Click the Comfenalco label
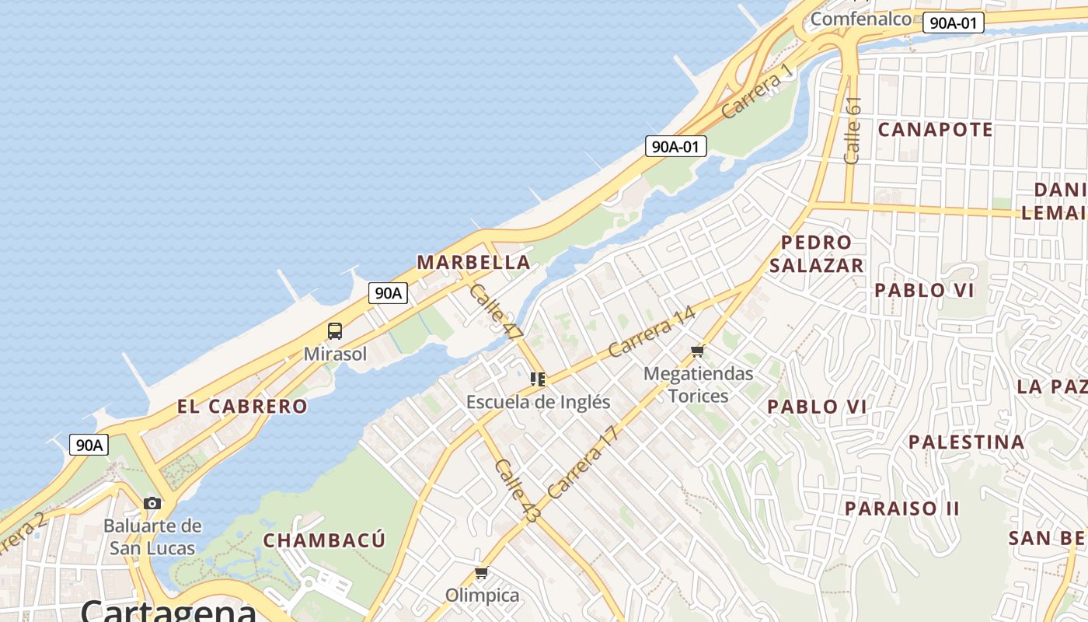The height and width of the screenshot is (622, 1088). [860, 19]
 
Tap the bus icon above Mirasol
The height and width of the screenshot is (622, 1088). [335, 331]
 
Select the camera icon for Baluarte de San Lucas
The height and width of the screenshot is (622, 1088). [152, 503]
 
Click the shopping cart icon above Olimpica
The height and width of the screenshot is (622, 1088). [482, 574]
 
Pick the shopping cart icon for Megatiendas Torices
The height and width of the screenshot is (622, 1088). [698, 351]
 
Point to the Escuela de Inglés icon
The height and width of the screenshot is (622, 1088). [538, 379]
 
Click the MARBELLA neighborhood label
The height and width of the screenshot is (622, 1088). [474, 262]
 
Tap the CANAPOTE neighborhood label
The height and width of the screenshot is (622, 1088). [936, 129]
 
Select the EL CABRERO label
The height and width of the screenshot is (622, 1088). [242, 406]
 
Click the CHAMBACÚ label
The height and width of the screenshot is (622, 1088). [324, 540]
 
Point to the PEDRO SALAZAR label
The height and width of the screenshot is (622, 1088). [816, 253]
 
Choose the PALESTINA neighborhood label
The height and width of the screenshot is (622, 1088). [967, 442]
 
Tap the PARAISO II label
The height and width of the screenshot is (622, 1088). [902, 508]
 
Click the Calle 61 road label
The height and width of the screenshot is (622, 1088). [853, 130]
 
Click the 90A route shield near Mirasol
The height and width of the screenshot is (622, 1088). [389, 293]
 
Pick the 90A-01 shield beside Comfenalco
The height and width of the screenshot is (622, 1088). [953, 23]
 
